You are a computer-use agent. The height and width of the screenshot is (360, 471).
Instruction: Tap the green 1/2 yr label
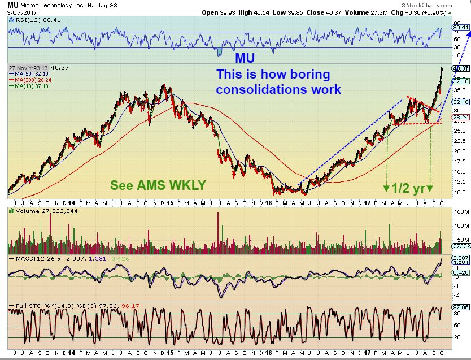tap(407, 189)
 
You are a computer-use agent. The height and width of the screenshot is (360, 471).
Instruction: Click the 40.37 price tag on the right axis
tap(461, 68)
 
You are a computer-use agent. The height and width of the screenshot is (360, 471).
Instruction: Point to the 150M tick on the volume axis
tap(459, 211)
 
